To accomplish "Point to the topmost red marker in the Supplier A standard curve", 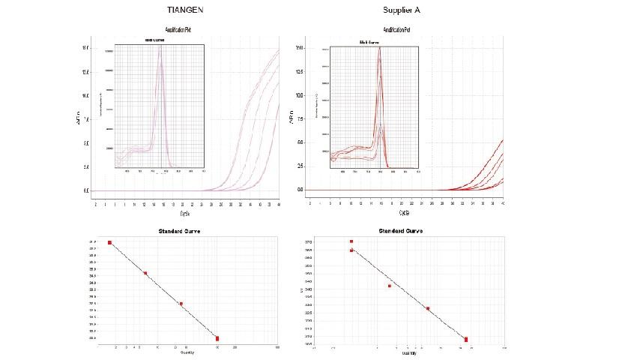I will [351, 241].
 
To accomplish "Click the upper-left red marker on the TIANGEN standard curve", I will [110, 242].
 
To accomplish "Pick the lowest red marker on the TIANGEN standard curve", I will [217, 338].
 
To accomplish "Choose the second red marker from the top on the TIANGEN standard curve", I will [145, 273].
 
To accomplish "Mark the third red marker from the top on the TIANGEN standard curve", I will [181, 304].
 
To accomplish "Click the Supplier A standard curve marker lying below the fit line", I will [390, 286].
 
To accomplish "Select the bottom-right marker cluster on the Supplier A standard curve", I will [466, 340].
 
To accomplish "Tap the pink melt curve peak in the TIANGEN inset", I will [160, 52].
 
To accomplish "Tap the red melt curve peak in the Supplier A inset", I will [380, 51].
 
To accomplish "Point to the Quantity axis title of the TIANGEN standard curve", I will [188, 352].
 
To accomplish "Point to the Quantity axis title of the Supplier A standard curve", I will [408, 352].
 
